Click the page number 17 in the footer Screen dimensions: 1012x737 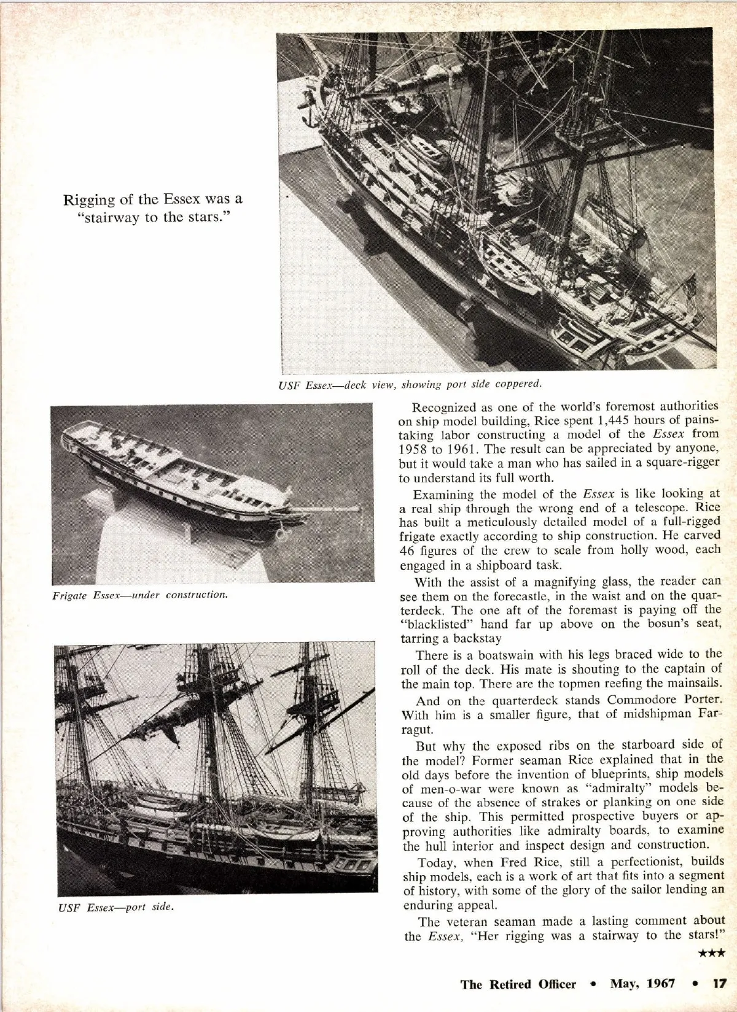(719, 984)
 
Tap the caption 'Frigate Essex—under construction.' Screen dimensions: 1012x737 (139, 595)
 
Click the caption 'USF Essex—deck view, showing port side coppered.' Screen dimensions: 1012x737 (410, 385)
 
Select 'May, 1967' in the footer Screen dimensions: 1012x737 (642, 984)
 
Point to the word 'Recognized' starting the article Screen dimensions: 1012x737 (442, 406)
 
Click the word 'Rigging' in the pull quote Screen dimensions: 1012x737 (86, 199)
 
